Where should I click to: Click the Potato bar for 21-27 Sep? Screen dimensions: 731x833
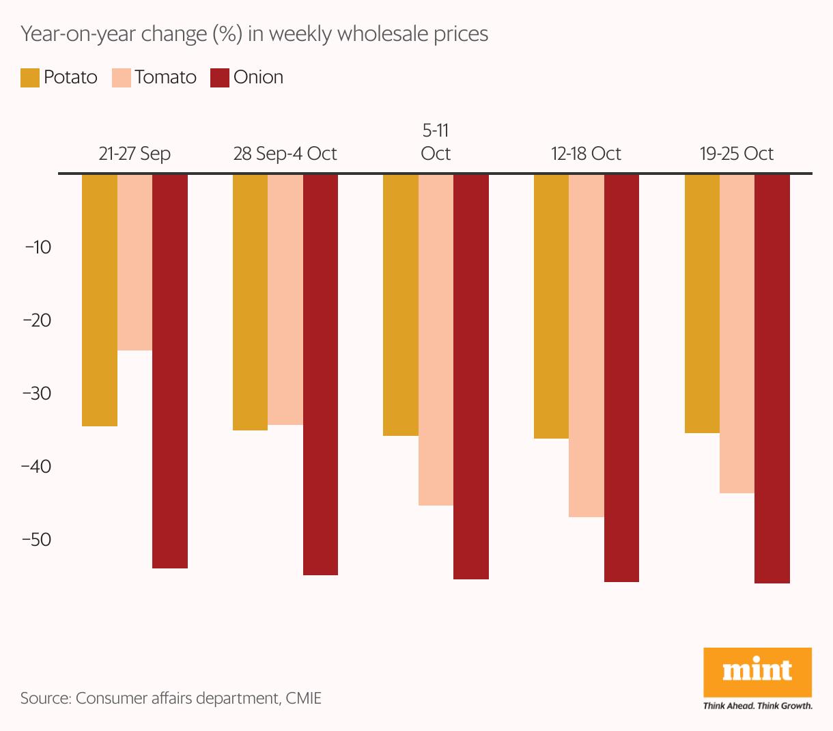pyautogui.click(x=100, y=300)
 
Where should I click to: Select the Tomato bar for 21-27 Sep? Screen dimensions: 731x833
pyautogui.click(x=135, y=262)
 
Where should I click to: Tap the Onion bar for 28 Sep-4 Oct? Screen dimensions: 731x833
pyautogui.click(x=320, y=374)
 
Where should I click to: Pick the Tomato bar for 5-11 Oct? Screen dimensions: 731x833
pyautogui.click(x=436, y=340)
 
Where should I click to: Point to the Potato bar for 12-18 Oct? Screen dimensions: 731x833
pyautogui.click(x=551, y=306)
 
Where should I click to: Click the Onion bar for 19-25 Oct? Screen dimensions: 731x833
pyautogui.click(x=772, y=378)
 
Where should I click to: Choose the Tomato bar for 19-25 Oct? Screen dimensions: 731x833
pyautogui.click(x=737, y=333)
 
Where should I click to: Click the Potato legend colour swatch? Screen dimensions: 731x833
pyautogui.click(x=30, y=78)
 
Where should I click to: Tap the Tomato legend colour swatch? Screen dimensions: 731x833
pyautogui.click(x=121, y=78)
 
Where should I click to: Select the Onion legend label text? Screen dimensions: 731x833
pyautogui.click(x=258, y=77)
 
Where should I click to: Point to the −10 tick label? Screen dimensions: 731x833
pyautogui.click(x=38, y=247)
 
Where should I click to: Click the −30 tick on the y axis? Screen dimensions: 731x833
pyautogui.click(x=38, y=394)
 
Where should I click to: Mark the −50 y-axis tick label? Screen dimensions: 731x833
pyautogui.click(x=38, y=540)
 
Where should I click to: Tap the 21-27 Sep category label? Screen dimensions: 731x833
pyautogui.click(x=135, y=154)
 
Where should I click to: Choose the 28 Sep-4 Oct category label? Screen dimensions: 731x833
pyautogui.click(x=285, y=154)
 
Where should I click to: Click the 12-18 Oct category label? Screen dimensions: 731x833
pyautogui.click(x=586, y=154)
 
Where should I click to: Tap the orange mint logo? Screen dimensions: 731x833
pyautogui.click(x=757, y=672)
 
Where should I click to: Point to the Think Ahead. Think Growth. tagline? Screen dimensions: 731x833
pyautogui.click(x=758, y=706)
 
